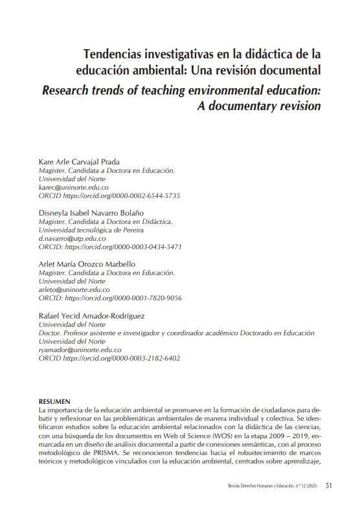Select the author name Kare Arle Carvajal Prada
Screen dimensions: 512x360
pos(80,161)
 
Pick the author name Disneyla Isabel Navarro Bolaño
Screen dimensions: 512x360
pos(91,212)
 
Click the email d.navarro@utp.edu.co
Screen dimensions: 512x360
pos(73,238)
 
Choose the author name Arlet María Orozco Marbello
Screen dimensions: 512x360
pos(87,264)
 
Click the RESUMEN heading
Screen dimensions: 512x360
pos(55,402)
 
